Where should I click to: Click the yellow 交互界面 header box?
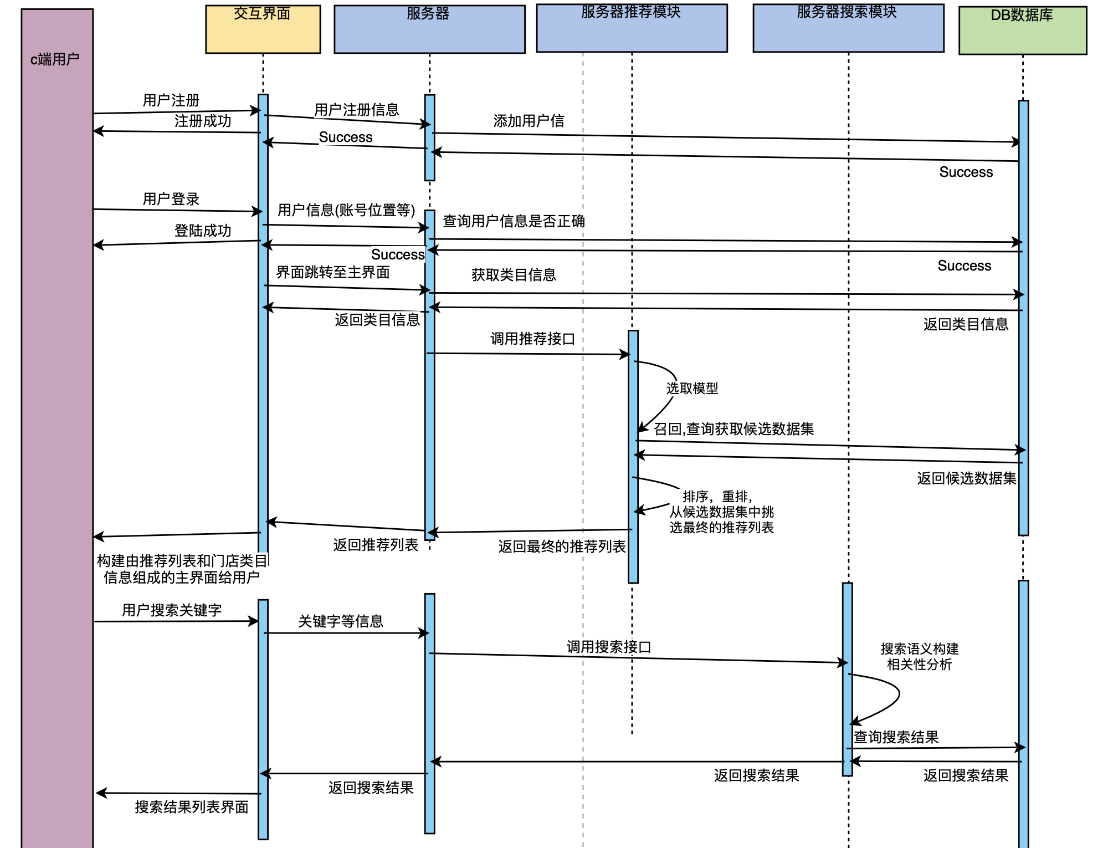click(263, 29)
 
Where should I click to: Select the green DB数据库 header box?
click(1022, 30)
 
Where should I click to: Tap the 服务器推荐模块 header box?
click(632, 28)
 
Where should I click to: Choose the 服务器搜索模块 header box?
click(848, 28)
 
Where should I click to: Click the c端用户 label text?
click(55, 59)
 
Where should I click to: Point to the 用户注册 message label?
click(171, 100)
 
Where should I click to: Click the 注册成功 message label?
click(203, 121)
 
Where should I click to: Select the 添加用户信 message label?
click(529, 121)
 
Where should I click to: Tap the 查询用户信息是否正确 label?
click(514, 221)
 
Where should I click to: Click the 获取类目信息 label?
click(514, 275)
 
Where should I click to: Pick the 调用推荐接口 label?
click(532, 339)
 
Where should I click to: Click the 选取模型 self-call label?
click(692, 388)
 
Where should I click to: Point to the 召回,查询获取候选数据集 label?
click(733, 429)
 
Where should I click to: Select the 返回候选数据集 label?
click(966, 478)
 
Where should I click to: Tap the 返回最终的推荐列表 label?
click(562, 546)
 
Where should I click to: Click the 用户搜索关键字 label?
click(172, 610)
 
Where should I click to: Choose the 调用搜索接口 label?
click(608, 647)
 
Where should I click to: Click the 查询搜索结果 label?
click(896, 737)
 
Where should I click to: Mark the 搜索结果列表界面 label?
click(192, 807)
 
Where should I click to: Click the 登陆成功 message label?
click(203, 231)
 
